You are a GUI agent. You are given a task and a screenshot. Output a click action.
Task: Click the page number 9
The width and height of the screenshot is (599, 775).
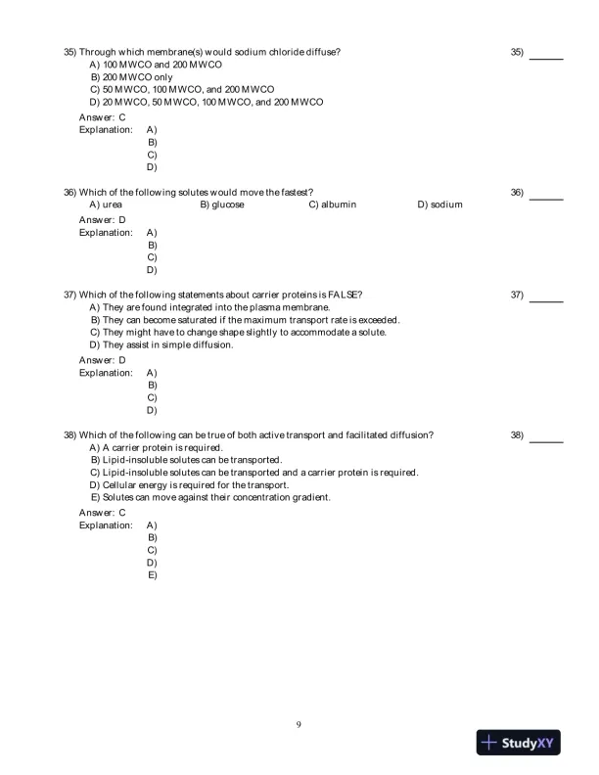pyautogui.click(x=299, y=724)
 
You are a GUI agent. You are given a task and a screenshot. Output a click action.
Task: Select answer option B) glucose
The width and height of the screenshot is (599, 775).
pyautogui.click(x=222, y=205)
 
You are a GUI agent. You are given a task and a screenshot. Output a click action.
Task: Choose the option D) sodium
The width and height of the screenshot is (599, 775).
pyautogui.click(x=439, y=205)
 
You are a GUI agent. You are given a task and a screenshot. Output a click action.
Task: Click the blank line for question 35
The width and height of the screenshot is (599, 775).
pyautogui.click(x=545, y=60)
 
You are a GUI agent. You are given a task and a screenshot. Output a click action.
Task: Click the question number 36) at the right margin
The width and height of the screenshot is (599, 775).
pyautogui.click(x=517, y=192)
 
